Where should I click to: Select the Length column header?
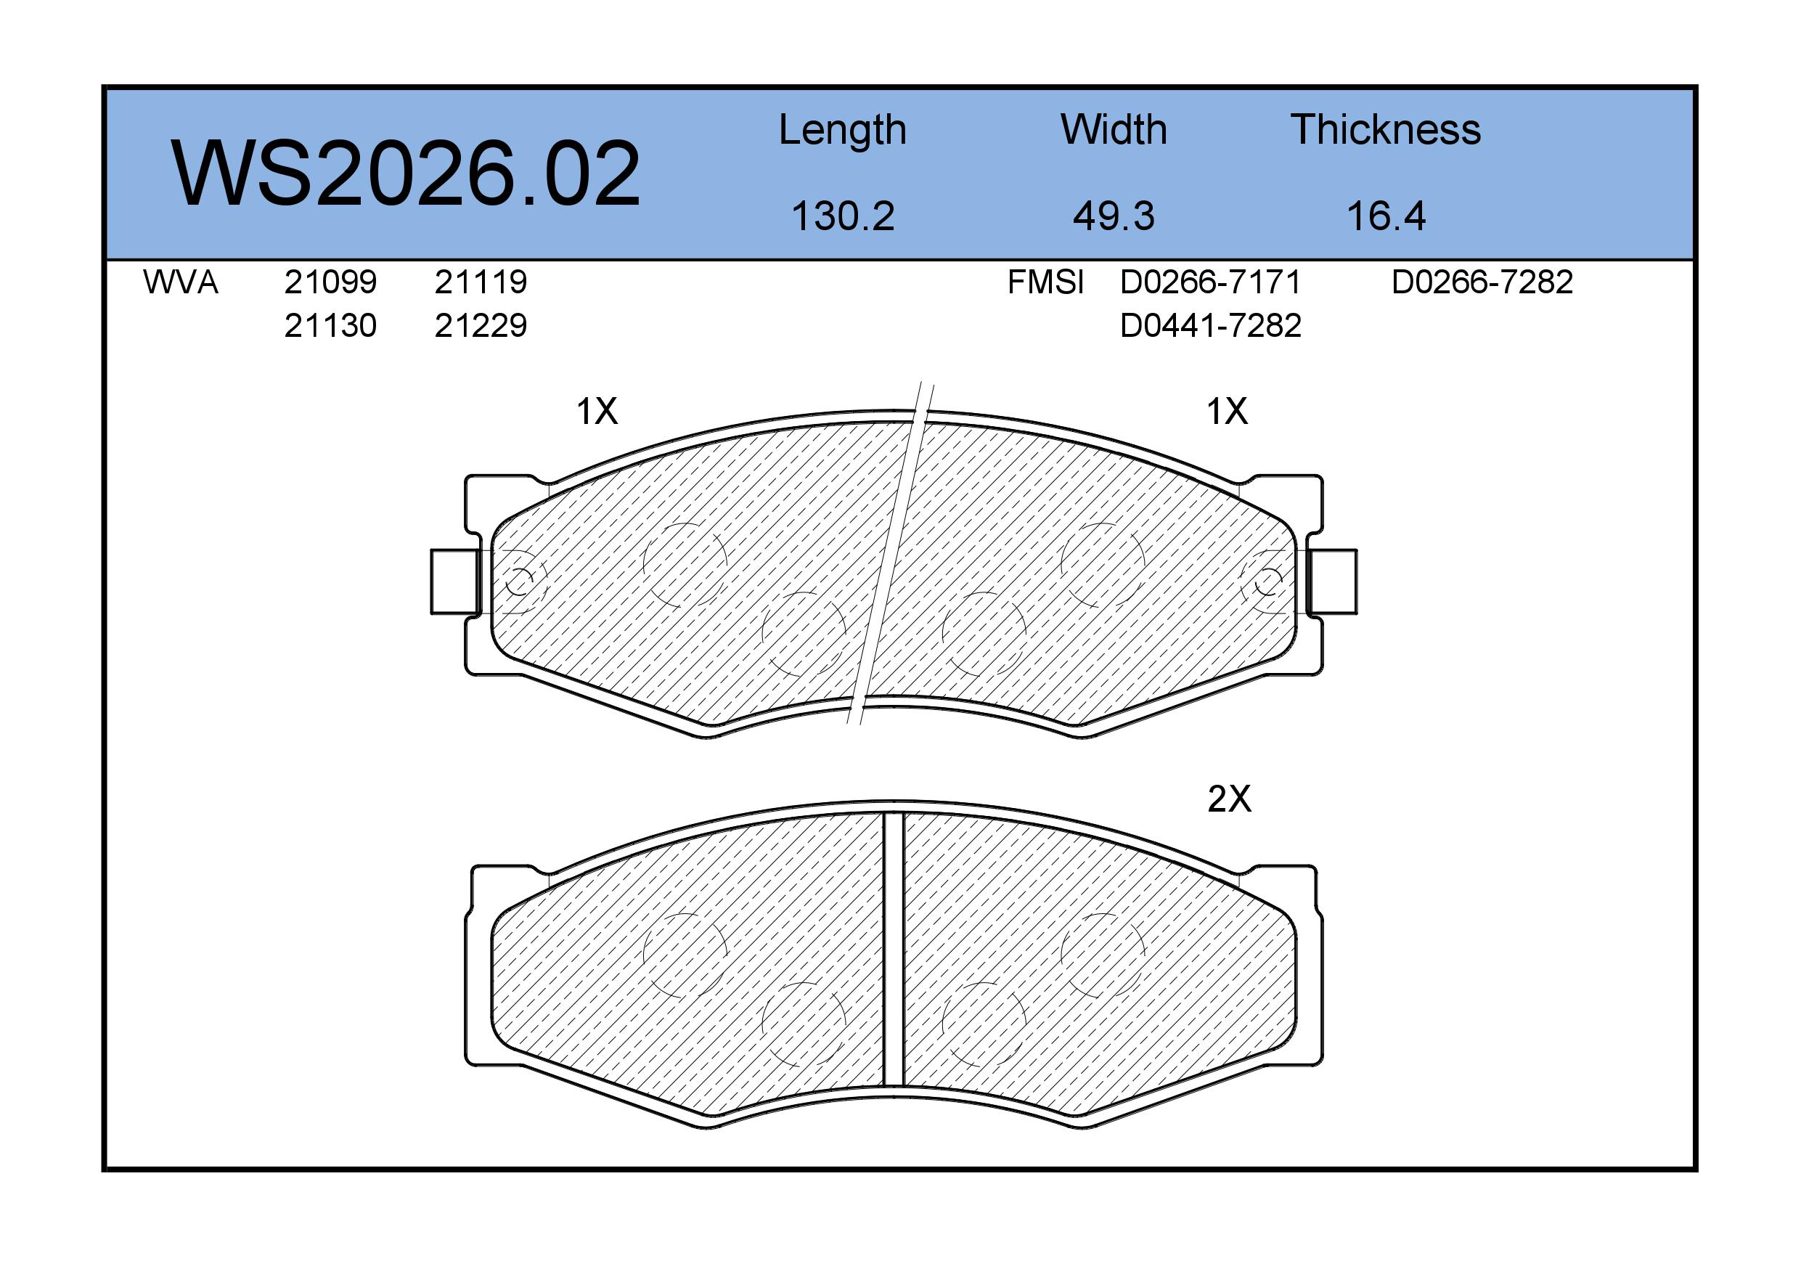coord(843,131)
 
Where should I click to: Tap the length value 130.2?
coord(843,216)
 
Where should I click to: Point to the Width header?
coord(1113,129)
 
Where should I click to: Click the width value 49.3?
coord(1113,216)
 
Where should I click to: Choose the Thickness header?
coord(1385,129)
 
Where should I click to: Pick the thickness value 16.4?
coord(1385,216)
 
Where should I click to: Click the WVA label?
coord(181,282)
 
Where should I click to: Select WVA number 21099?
coord(330,282)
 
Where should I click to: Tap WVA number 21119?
coord(481,282)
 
